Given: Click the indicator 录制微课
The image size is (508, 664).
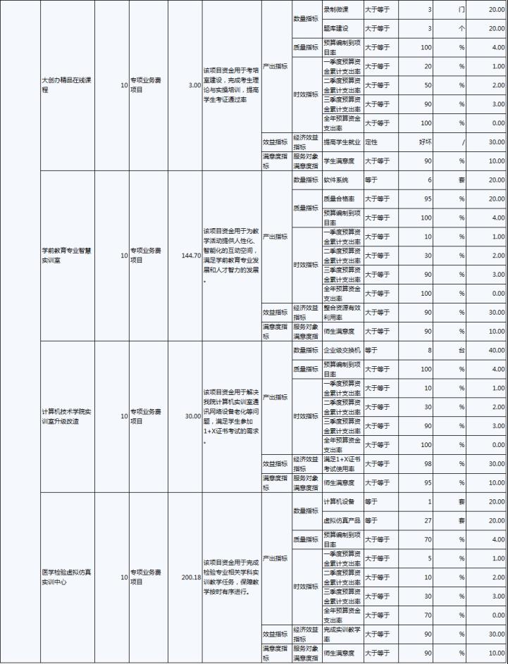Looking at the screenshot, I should click(x=335, y=11).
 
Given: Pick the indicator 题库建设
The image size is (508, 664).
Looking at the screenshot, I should click(x=335, y=29).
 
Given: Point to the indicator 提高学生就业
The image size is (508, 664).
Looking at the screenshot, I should click(x=342, y=142).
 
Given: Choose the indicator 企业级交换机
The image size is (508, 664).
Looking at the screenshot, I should click(x=342, y=349).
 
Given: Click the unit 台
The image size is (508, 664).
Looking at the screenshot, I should click(x=461, y=349).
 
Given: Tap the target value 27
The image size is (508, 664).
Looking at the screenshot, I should click(x=427, y=520).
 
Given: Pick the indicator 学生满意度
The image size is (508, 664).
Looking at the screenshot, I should click(x=340, y=161).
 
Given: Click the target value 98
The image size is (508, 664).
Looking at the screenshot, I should click(x=427, y=463).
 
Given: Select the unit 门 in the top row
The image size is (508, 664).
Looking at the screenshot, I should click(x=461, y=11).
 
